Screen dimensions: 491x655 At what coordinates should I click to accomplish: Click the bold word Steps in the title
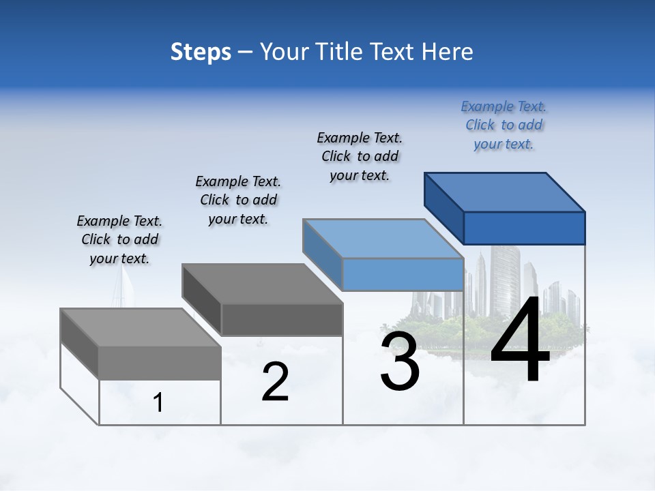[201, 52]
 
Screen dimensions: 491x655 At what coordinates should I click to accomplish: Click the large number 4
[520, 341]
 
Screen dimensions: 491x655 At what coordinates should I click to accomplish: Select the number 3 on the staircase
[400, 361]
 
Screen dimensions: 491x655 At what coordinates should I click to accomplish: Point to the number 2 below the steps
[276, 382]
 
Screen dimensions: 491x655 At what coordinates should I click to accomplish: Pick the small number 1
[158, 402]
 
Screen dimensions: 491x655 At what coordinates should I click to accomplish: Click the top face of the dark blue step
[505, 192]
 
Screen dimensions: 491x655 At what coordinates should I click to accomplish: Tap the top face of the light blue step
[383, 239]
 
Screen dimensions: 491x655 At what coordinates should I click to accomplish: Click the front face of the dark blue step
[524, 228]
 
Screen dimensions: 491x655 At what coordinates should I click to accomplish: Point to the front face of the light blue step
[403, 274]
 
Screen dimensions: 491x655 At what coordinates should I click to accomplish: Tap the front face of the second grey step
[281, 319]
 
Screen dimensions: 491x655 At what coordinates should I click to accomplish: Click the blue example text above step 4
[504, 125]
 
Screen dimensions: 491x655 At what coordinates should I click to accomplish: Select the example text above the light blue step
[360, 156]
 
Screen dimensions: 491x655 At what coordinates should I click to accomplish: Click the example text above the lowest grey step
[119, 239]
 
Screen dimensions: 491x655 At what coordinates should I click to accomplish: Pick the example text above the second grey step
[238, 200]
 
